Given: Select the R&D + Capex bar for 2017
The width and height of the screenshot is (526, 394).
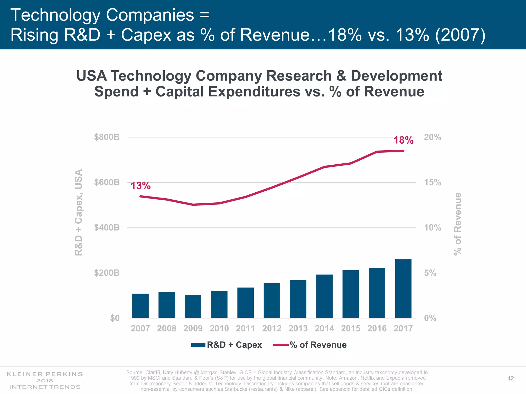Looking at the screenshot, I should click(403, 289).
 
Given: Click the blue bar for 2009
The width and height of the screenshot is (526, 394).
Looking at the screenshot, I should click(193, 307).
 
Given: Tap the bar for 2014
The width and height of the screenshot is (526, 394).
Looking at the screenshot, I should click(324, 296).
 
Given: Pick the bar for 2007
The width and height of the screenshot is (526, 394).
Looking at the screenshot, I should click(140, 306).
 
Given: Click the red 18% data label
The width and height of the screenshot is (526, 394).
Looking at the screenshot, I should click(403, 140).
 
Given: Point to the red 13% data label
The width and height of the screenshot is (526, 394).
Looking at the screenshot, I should click(140, 186).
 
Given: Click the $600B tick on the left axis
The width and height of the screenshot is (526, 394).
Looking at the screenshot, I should click(107, 182).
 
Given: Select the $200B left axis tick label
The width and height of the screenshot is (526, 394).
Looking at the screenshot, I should click(107, 273).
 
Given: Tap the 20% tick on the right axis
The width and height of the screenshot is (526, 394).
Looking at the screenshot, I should click(433, 137).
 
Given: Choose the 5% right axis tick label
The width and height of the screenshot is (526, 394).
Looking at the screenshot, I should click(430, 273).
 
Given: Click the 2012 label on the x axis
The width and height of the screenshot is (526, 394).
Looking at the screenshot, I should click(272, 328).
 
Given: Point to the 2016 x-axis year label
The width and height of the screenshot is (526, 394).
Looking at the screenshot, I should click(377, 328).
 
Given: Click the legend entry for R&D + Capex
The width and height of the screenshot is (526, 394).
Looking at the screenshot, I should click(227, 345).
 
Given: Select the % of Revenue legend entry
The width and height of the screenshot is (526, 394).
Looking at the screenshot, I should click(310, 345).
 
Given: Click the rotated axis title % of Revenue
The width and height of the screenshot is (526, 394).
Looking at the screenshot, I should click(458, 224).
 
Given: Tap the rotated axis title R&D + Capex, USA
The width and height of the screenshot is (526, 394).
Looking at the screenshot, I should click(79, 212).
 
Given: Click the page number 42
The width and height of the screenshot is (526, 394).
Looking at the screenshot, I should click(510, 378).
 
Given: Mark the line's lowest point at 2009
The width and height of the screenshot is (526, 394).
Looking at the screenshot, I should click(193, 205).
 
